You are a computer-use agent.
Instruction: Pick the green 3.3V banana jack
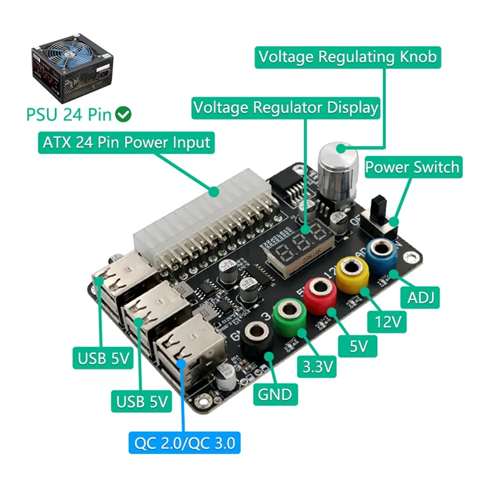(288, 312)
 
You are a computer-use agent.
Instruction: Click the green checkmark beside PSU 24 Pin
(125, 113)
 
